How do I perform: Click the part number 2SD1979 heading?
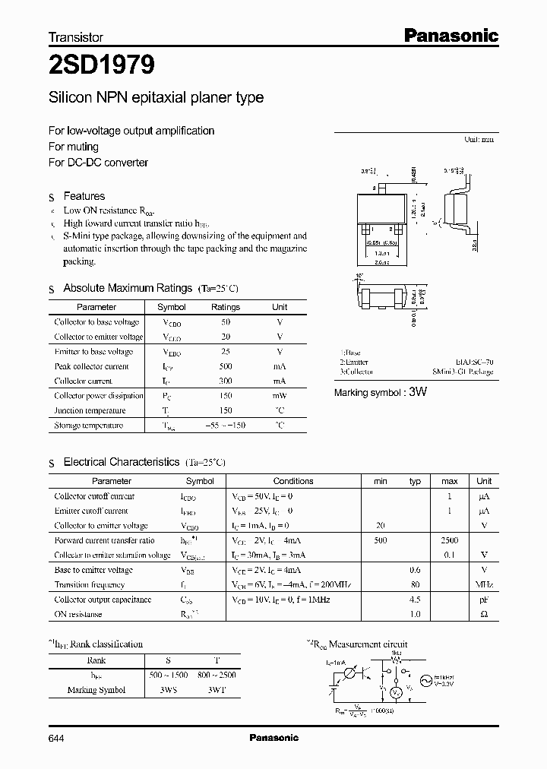(102, 65)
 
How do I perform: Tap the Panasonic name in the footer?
(274, 738)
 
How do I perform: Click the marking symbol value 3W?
(419, 392)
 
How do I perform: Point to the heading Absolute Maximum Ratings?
(127, 288)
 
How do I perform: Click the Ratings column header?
(225, 307)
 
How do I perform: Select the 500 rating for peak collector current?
(226, 366)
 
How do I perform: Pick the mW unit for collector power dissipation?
(280, 396)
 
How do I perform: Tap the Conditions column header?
(293, 481)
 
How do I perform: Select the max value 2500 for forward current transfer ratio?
(449, 540)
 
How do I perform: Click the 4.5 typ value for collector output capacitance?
(416, 600)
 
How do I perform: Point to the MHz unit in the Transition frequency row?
(484, 585)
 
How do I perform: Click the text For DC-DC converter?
(98, 163)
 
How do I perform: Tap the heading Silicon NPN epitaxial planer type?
(156, 98)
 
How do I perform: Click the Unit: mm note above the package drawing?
(479, 141)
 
